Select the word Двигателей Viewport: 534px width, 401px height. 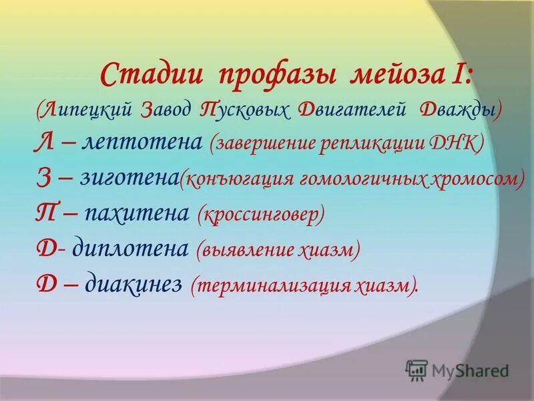354,110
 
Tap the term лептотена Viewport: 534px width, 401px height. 142,144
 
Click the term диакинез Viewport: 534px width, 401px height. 133,283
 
